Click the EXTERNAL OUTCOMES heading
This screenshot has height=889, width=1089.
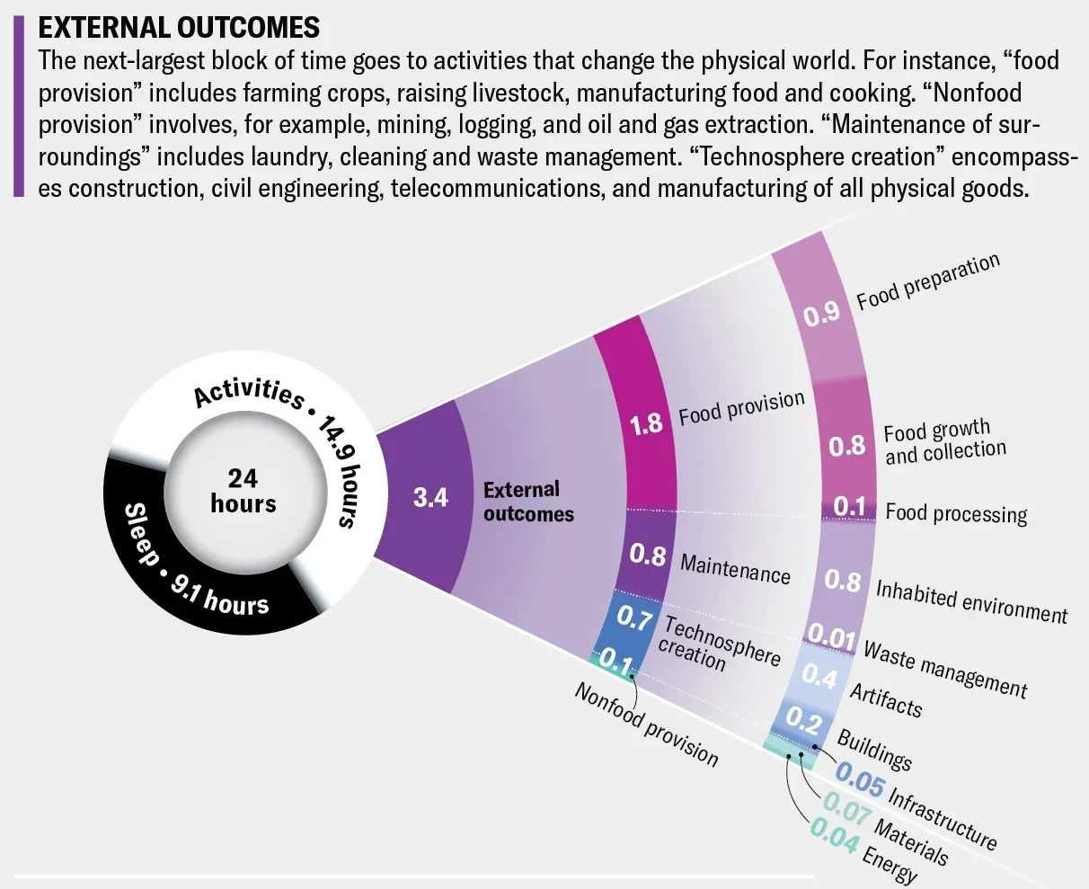pyautogui.click(x=179, y=28)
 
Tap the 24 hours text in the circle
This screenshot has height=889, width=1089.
pyautogui.click(x=243, y=491)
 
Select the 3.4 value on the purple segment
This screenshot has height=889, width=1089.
pyautogui.click(x=430, y=497)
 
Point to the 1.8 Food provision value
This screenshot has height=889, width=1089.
pyautogui.click(x=646, y=424)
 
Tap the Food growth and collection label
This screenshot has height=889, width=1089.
pyautogui.click(x=945, y=441)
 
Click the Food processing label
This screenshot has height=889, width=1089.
pyautogui.click(x=956, y=514)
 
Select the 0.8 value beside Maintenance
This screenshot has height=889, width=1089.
pyautogui.click(x=648, y=556)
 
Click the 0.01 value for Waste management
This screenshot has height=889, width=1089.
pyautogui.click(x=831, y=636)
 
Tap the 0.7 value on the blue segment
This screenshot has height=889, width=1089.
pyautogui.click(x=634, y=618)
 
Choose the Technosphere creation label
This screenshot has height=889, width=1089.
pyautogui.click(x=719, y=644)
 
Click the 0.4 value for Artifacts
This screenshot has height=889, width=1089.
pyautogui.click(x=819, y=676)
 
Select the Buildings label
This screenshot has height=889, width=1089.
pyautogui.click(x=874, y=751)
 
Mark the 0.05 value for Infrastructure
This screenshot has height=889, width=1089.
pyautogui.click(x=860, y=780)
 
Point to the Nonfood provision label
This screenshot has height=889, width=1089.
pyautogui.click(x=646, y=725)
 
